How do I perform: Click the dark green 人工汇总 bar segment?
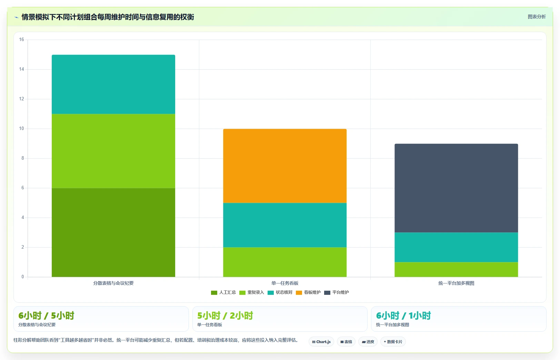113,232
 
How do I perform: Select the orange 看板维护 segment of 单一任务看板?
285,166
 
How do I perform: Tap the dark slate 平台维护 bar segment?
456,188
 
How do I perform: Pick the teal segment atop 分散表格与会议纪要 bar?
113,84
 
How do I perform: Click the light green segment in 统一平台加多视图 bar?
456,270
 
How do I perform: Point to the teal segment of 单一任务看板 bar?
285,225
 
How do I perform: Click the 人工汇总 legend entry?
223,292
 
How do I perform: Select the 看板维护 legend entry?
308,292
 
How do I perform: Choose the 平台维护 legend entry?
337,292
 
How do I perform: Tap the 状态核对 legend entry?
280,292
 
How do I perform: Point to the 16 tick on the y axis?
21,40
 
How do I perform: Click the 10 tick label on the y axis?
21,129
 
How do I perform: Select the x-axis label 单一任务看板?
285,283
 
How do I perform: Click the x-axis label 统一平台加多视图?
456,283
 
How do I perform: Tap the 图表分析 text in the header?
537,17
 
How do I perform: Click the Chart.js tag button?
321,342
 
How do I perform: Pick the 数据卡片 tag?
393,342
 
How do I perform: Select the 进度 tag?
368,342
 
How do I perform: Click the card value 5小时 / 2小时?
225,316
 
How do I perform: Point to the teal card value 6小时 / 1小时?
403,316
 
